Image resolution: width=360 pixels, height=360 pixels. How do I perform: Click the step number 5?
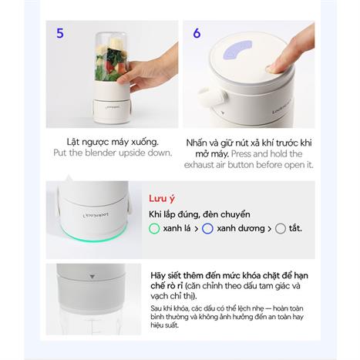click(60, 32)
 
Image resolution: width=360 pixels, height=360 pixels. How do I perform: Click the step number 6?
click(197, 34)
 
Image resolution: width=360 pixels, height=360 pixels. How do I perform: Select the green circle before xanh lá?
click(154, 229)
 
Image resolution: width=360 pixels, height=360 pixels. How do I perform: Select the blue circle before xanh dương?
click(207, 229)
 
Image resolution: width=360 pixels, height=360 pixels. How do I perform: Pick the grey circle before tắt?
click(281, 229)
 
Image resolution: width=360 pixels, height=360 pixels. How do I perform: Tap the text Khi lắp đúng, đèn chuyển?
click(200, 214)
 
